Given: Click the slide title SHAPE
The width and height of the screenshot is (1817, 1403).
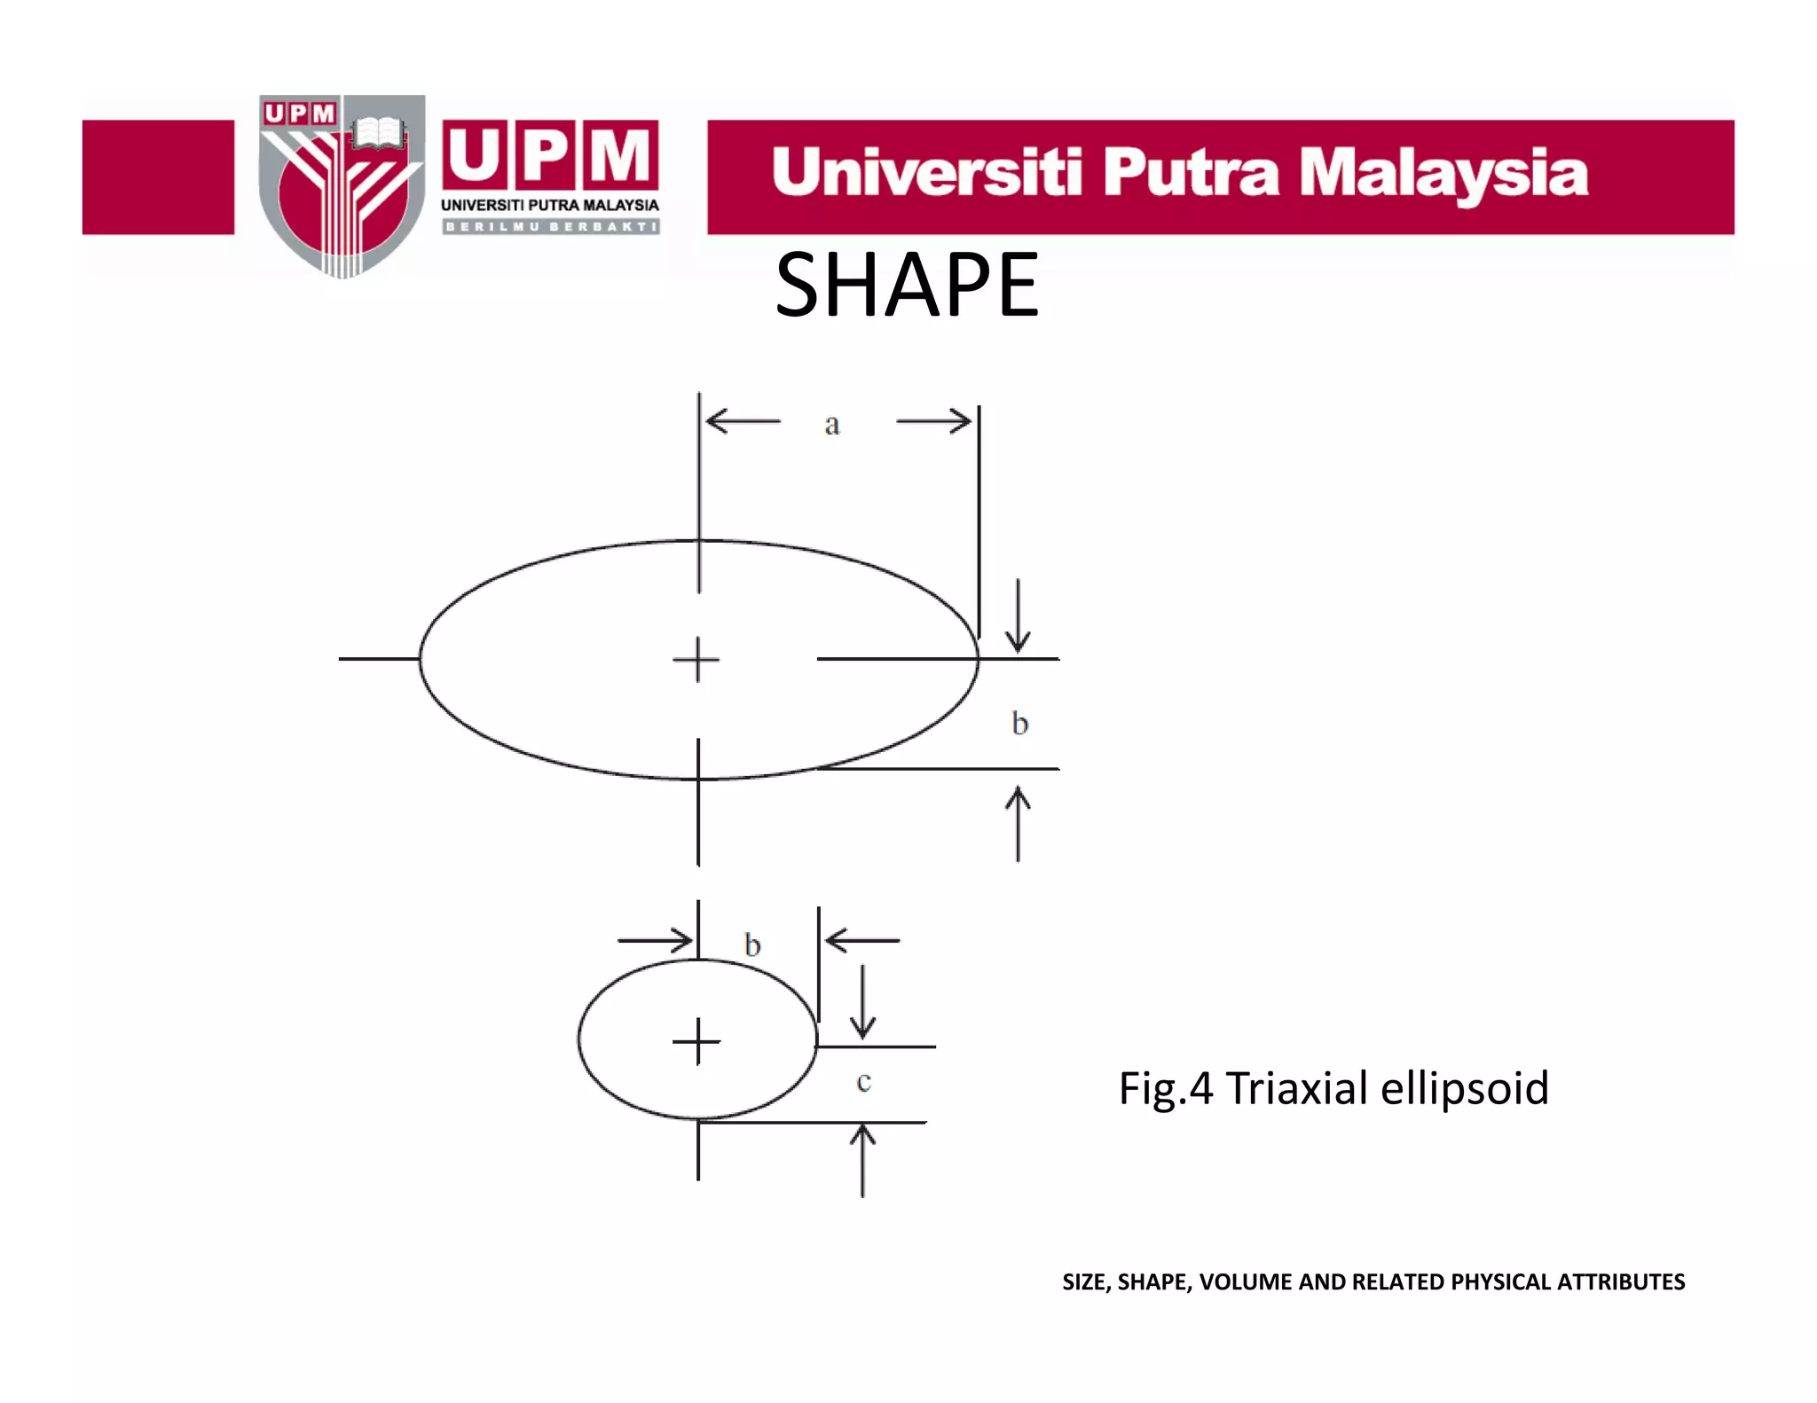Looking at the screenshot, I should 907,286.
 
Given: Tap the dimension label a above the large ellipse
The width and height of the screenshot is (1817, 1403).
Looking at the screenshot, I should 831,425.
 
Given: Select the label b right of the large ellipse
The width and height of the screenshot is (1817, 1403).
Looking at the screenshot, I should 1020,724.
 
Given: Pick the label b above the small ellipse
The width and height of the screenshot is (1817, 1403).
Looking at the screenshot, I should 752,945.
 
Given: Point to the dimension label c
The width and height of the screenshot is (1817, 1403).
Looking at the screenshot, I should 864,1082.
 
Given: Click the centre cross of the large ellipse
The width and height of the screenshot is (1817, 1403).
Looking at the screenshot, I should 696,660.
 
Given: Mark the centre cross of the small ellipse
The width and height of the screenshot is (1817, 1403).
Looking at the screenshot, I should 696,1041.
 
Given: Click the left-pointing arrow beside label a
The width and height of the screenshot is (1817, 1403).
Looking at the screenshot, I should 743,420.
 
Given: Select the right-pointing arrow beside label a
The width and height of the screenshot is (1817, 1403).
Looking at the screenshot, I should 934,420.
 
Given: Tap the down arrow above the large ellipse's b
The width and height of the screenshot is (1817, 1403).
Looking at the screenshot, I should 1018,616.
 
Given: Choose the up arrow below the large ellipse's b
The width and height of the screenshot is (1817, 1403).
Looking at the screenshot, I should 1018,825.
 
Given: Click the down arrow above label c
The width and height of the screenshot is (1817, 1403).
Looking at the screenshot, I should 862,1002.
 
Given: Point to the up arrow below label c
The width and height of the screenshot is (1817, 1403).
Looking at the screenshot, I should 862,1159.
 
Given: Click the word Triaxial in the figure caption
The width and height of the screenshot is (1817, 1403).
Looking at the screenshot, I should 1296,1088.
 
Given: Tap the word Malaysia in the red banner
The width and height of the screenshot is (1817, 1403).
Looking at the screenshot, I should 1443,174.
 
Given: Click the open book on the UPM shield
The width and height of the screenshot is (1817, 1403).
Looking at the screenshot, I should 379,133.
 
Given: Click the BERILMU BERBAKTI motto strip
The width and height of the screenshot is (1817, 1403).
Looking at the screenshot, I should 550,227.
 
